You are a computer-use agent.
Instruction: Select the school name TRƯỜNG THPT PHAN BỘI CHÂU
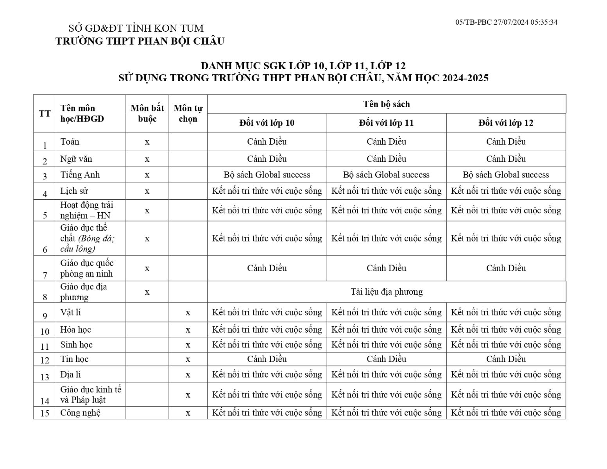tap(140, 41)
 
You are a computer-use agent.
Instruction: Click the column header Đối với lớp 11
tap(386, 123)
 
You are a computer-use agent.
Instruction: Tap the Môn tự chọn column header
tap(188, 113)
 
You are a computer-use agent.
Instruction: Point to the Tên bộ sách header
tap(386, 104)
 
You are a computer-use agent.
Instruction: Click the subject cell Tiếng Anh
tap(80, 175)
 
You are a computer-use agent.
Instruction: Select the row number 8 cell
tap(45, 297)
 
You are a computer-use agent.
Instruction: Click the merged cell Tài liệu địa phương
tap(386, 292)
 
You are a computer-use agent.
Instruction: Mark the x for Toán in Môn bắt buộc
tap(147, 142)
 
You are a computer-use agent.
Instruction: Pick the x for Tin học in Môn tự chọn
tap(188, 359)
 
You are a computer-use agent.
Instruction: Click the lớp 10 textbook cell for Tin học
tap(267, 359)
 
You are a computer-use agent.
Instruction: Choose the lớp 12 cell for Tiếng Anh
tap(506, 175)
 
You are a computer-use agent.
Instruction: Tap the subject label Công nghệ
tap(81, 413)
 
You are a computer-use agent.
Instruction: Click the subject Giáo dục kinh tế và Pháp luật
tap(91, 395)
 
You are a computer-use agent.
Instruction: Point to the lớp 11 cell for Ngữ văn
tap(386, 159)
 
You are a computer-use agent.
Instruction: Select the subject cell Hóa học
tap(76, 329)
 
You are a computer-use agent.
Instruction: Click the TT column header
tap(45, 113)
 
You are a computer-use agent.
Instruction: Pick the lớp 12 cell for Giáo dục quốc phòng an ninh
tap(506, 268)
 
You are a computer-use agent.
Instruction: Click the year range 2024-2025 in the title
tap(465, 78)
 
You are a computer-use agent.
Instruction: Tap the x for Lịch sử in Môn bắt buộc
tap(147, 191)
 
